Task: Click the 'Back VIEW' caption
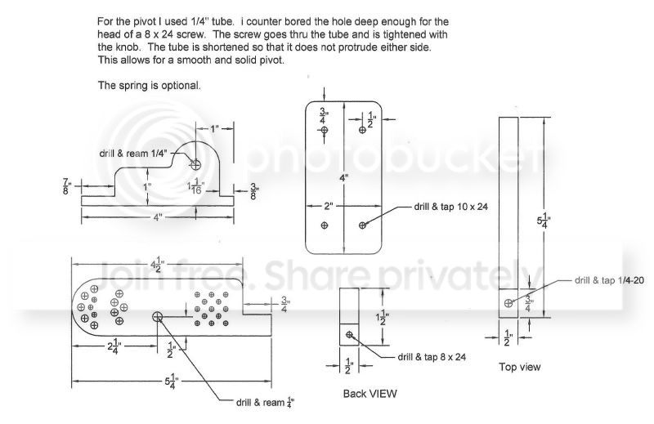[x=370, y=393]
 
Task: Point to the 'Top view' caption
[x=519, y=367]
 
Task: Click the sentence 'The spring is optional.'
[x=149, y=85]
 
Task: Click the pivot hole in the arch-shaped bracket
[x=196, y=164]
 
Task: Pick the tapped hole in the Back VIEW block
[x=350, y=334]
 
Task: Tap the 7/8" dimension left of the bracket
[x=65, y=186]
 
